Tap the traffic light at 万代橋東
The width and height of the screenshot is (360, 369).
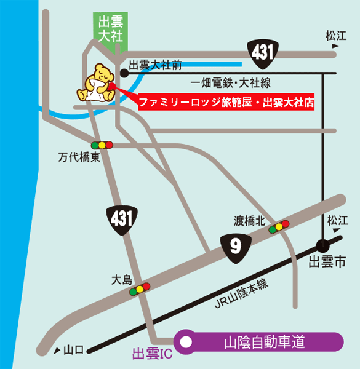102,145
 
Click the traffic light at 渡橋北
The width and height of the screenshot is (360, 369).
279,227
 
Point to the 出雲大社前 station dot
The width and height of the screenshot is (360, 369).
124,73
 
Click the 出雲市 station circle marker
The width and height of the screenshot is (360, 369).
324,244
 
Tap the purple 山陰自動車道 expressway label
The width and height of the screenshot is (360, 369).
264,341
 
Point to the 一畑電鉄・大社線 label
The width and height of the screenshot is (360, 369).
231,83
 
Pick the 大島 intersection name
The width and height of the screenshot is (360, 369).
122,279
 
